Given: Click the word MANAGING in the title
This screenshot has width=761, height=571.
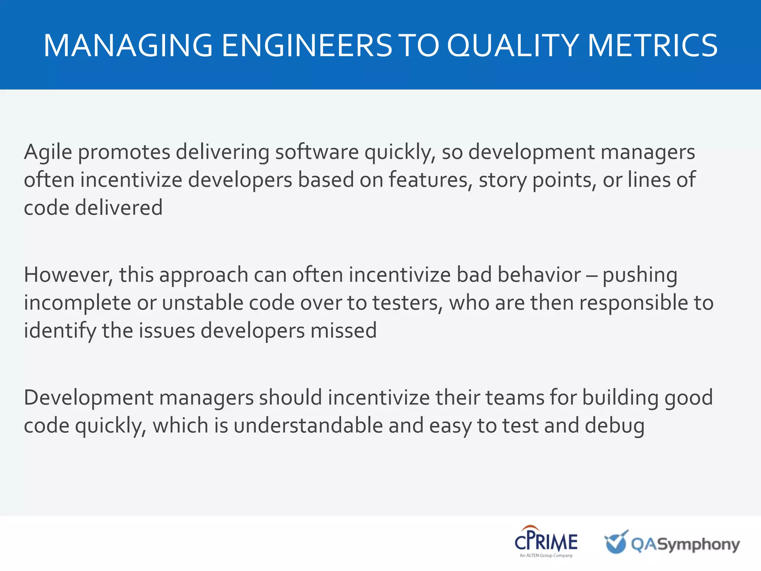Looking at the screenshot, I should click(x=128, y=45).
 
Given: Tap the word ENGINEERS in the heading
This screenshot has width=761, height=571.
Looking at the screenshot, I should click(x=307, y=45).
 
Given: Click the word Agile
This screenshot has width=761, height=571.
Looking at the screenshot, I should click(x=48, y=152).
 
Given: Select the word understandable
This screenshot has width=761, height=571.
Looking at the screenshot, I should click(x=308, y=425).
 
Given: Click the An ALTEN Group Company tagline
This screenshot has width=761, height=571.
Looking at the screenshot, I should click(x=546, y=555).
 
